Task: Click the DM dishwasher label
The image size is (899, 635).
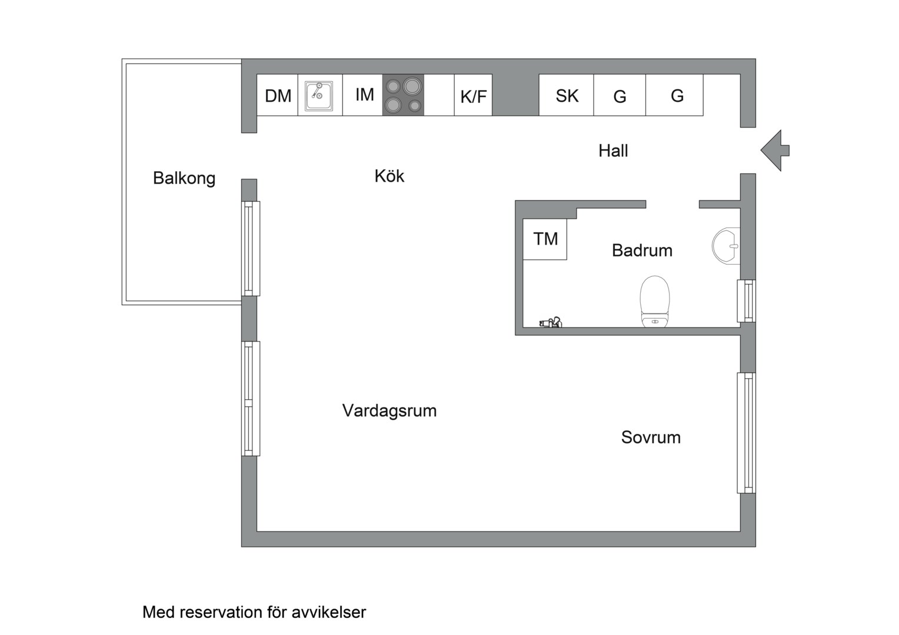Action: click(278, 96)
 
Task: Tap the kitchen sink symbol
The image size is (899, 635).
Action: click(319, 96)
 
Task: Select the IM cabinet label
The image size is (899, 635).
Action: click(364, 95)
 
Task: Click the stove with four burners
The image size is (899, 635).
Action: click(403, 95)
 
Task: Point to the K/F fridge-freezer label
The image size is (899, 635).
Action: click(473, 96)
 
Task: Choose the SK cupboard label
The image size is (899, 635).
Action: click(567, 96)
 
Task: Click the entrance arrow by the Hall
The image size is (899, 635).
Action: click(775, 151)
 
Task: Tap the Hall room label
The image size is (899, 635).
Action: click(613, 151)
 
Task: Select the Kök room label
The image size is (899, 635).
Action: click(389, 176)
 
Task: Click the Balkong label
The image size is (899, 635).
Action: click(184, 178)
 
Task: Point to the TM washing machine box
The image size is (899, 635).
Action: click(545, 239)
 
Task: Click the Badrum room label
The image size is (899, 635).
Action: click(642, 250)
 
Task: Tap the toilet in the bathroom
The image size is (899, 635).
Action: click(655, 300)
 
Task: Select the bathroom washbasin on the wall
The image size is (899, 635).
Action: click(726, 245)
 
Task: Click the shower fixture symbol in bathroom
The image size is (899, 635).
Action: click(551, 322)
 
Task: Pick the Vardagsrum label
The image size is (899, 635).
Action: click(389, 410)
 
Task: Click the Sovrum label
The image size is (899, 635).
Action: click(651, 437)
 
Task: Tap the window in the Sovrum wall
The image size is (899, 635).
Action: click(747, 433)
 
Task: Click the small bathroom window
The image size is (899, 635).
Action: click(747, 301)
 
